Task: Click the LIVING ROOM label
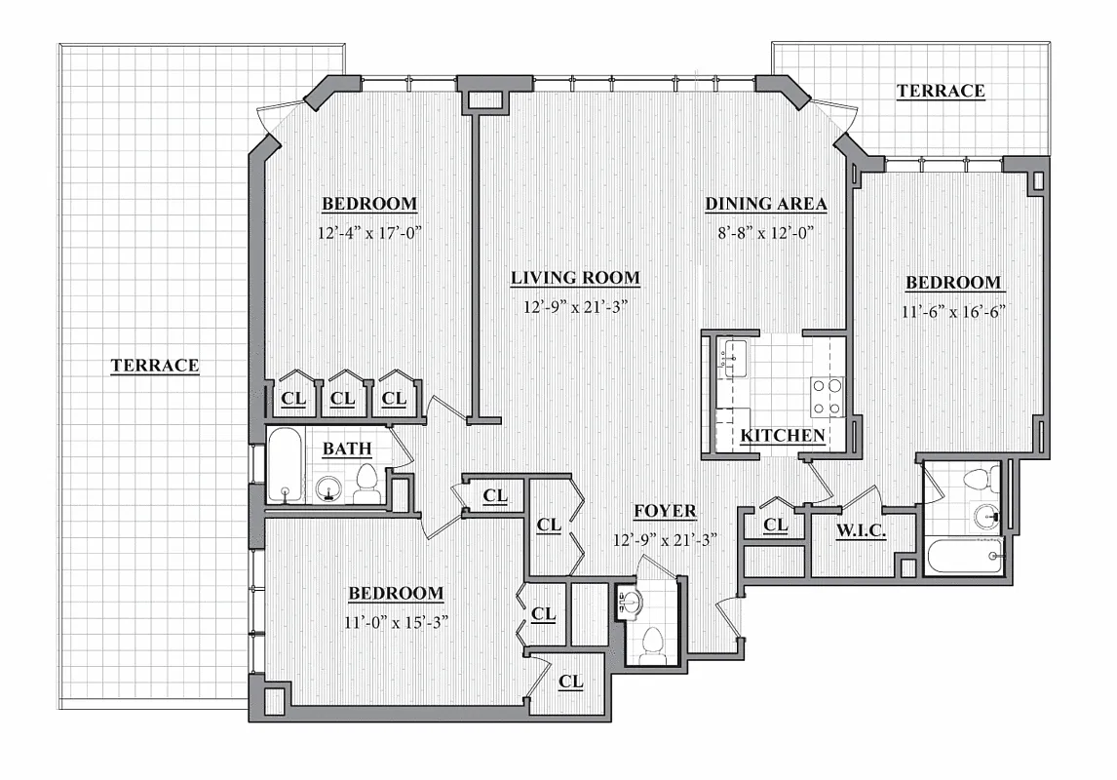tap(575, 278)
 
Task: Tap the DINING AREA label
tap(765, 204)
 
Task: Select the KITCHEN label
tap(783, 436)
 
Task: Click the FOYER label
tap(665, 511)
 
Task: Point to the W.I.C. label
tap(860, 531)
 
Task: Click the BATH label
tap(347, 449)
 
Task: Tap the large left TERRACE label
tap(154, 366)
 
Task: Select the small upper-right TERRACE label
tap(940, 91)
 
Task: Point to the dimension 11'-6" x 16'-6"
tap(952, 311)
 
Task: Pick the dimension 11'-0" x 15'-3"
tap(396, 621)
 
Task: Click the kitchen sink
tap(729, 359)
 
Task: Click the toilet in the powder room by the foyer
tap(651, 644)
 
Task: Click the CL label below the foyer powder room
tap(570, 682)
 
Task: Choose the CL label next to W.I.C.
tap(776, 526)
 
